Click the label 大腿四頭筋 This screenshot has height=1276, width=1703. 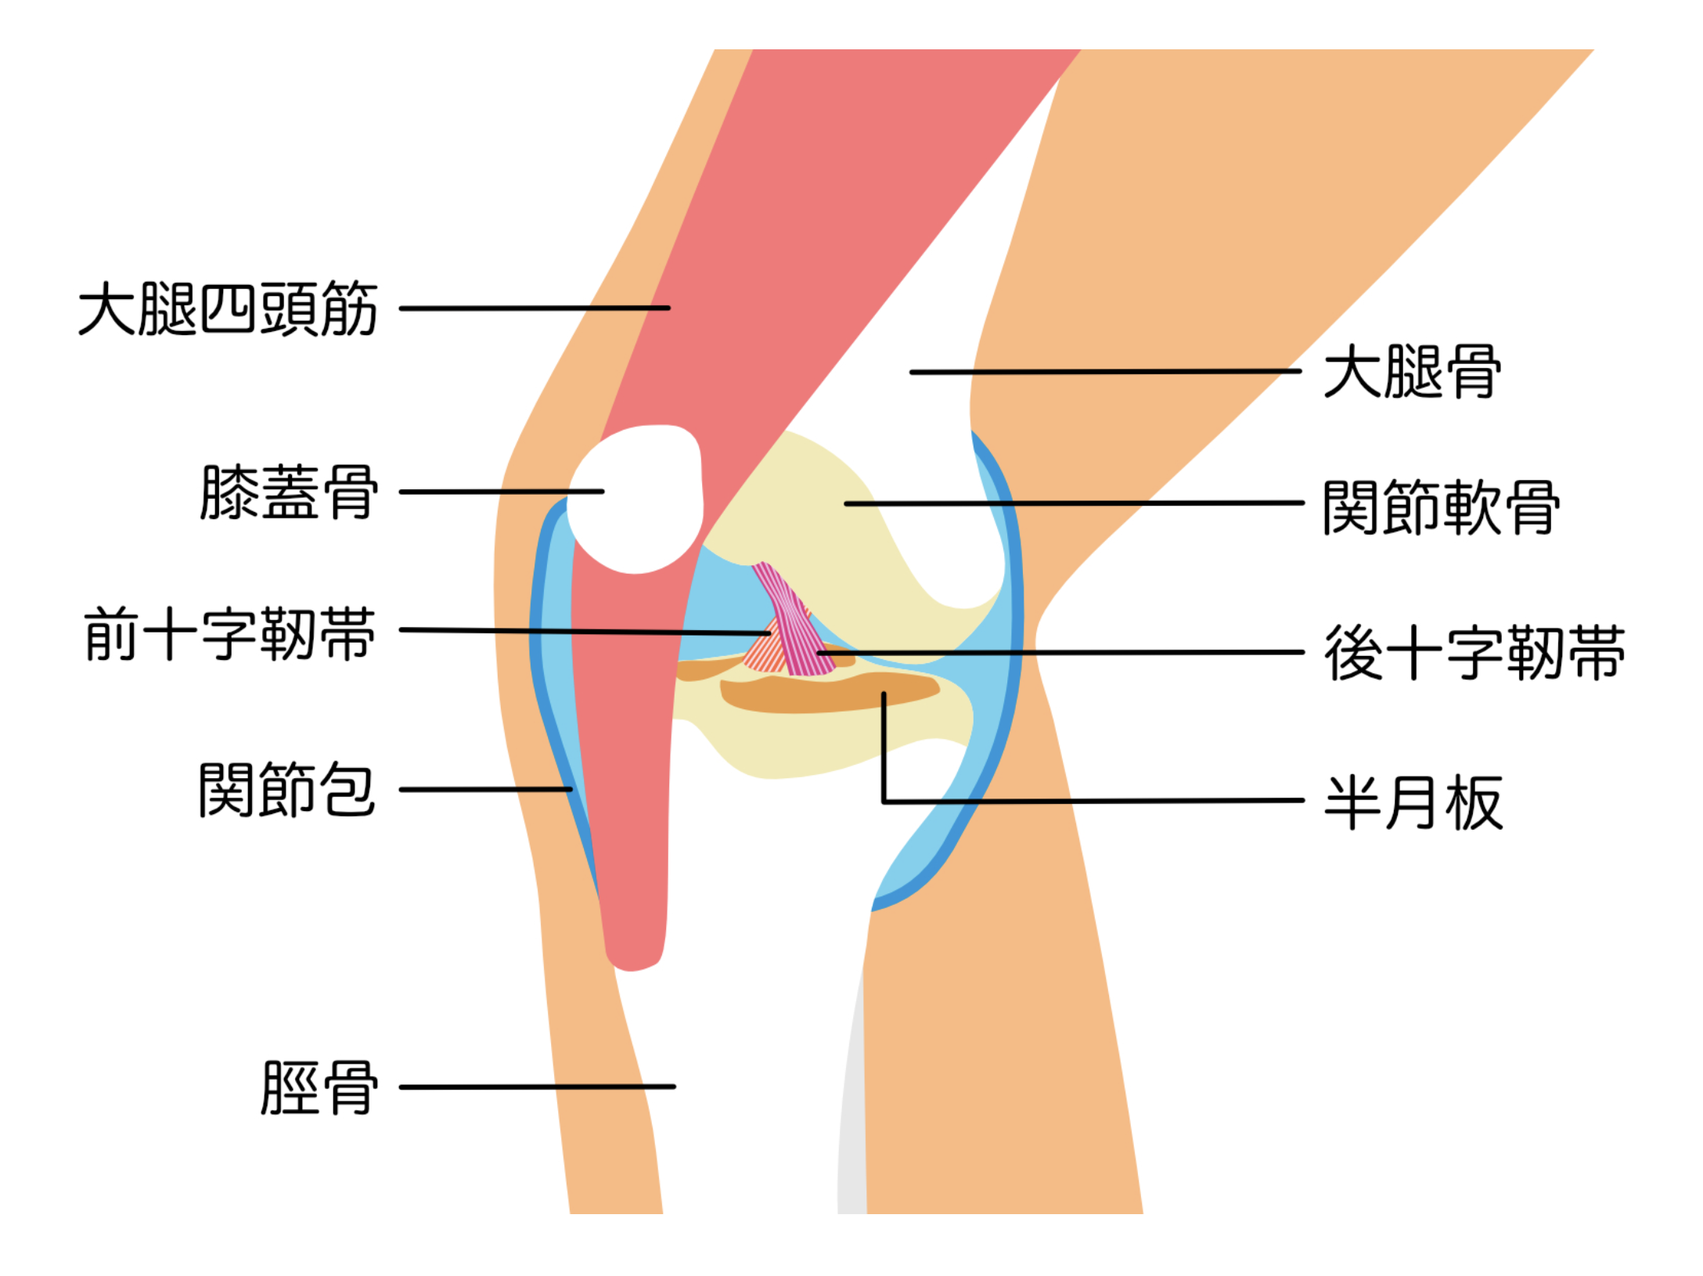(228, 309)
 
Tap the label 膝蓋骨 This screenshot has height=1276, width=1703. (290, 492)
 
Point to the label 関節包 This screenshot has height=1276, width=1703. (286, 790)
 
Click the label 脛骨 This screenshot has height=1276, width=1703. (319, 1088)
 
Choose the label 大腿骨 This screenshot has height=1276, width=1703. (1412, 372)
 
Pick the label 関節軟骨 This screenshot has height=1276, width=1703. (1441, 508)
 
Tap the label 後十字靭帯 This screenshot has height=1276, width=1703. (1474, 652)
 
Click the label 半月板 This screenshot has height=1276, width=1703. (1413, 802)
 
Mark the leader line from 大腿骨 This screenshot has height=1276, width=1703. (1104, 372)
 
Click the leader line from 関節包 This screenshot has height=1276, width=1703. (485, 789)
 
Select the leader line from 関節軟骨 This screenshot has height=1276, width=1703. (1072, 503)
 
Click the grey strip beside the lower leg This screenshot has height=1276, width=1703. (851, 1135)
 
